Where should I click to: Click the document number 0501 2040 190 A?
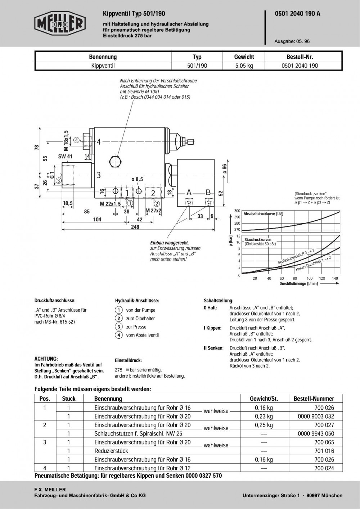click(x=297, y=14)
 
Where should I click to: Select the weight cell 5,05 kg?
click(x=244, y=66)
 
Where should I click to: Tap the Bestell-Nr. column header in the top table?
click(x=302, y=57)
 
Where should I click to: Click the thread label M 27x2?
click(x=153, y=211)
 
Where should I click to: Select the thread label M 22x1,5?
click(x=110, y=204)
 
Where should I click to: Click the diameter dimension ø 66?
click(x=224, y=168)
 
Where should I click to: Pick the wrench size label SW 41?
click(x=65, y=157)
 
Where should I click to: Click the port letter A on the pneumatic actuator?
click(x=189, y=193)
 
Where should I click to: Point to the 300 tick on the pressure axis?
click(x=237, y=211)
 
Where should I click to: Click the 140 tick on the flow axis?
click(x=335, y=279)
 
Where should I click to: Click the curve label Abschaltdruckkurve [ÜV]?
click(x=263, y=214)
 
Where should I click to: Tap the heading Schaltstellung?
click(x=219, y=300)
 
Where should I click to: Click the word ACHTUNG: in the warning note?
click(x=46, y=359)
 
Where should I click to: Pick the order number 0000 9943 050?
click(x=316, y=434)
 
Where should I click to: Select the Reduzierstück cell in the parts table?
click(x=111, y=451)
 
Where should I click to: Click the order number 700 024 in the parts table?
click(x=324, y=468)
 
